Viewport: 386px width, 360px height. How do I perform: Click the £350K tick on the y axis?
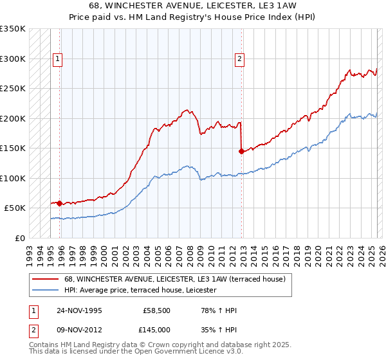click(x=12, y=29)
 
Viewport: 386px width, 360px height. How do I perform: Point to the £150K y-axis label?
click(x=12, y=148)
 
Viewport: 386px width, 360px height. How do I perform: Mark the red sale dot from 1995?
click(x=60, y=203)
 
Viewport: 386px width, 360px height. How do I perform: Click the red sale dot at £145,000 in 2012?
click(x=241, y=152)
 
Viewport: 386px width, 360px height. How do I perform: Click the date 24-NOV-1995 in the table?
click(x=79, y=311)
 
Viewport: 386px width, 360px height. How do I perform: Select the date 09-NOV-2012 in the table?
click(x=79, y=329)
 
